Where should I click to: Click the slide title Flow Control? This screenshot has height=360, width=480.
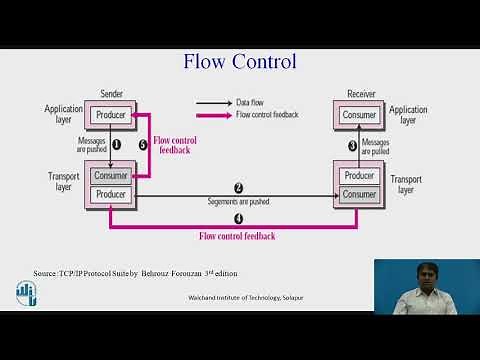239,61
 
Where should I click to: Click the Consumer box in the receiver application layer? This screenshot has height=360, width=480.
359,115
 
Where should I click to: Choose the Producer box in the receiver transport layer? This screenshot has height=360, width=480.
359,176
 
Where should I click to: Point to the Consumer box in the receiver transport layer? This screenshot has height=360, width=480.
359,193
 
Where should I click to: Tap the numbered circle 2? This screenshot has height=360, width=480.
238,188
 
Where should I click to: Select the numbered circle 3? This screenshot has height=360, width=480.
352,146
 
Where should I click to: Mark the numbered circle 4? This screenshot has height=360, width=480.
238,218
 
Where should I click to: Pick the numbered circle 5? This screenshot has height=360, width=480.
142,145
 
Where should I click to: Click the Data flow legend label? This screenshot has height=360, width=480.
250,102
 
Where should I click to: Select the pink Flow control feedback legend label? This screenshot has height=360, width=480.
268,115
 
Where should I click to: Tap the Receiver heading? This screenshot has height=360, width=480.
360,93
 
